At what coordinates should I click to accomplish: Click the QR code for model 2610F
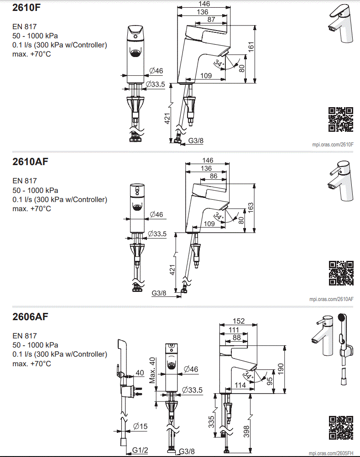[341, 119]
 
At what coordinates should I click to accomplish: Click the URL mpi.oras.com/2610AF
[331, 299]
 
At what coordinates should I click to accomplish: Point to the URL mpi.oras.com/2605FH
[331, 453]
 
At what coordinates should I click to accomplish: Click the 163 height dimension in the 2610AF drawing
[250, 207]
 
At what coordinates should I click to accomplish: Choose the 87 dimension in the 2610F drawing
[211, 19]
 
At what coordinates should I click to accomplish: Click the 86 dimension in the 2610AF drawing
[213, 176]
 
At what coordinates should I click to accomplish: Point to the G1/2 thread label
[141, 450]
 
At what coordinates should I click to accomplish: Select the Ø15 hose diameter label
[141, 426]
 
